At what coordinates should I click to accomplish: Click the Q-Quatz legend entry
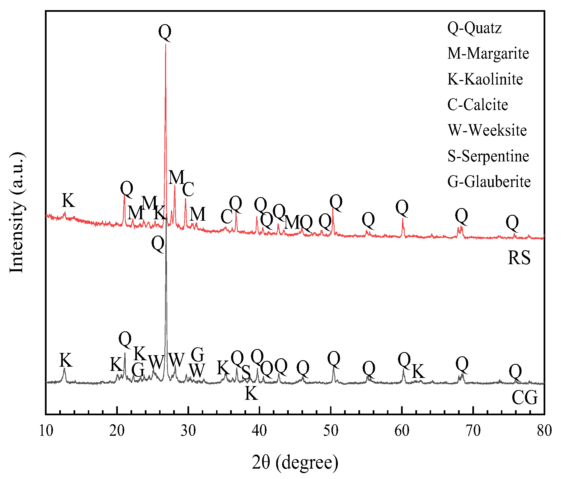(474, 28)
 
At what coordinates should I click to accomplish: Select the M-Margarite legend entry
(488, 54)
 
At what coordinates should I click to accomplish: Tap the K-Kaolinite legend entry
(485, 79)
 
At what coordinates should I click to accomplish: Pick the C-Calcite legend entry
(477, 105)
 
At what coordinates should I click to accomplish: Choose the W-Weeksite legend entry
(487, 131)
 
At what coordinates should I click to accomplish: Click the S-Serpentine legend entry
(488, 156)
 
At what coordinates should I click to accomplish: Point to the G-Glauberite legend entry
(489, 182)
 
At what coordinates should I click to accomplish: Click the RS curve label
(519, 258)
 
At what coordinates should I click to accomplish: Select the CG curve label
(524, 398)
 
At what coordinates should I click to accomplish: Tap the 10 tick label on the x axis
(46, 431)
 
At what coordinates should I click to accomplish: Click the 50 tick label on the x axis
(331, 431)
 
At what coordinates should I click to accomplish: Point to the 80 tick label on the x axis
(544, 431)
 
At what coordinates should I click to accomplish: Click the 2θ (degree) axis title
(295, 462)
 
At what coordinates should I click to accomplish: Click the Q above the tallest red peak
(165, 32)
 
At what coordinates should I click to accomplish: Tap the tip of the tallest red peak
(166, 44)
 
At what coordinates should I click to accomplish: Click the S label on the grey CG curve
(246, 373)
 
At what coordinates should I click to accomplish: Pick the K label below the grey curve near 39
(251, 393)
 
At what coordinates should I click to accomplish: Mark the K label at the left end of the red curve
(68, 200)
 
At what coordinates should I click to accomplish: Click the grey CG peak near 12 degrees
(64, 368)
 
